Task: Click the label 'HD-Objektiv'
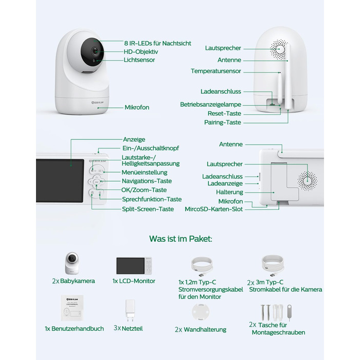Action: click(140, 51)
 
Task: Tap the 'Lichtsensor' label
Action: click(139, 60)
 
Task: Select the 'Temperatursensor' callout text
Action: click(216, 71)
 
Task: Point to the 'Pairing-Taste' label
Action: click(223, 122)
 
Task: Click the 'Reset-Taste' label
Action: click(224, 113)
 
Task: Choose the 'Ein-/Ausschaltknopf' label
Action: click(150, 148)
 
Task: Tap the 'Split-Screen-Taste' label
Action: click(148, 209)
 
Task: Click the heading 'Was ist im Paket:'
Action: click(181, 239)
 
